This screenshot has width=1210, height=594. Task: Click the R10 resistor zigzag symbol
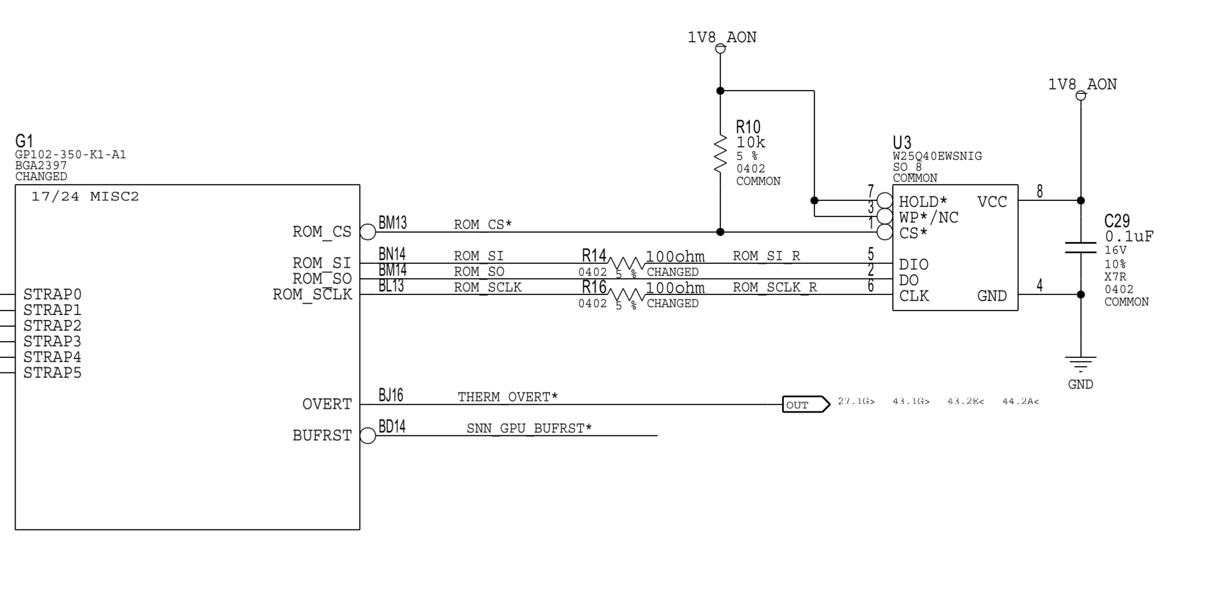pyautogui.click(x=720, y=153)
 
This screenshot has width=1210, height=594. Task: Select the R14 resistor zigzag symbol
pyautogui.click(x=626, y=263)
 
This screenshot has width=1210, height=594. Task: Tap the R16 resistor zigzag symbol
pyautogui.click(x=626, y=294)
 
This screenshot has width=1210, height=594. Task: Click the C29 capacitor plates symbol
pyautogui.click(x=1080, y=248)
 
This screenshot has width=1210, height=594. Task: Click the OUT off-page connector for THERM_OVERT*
pyautogui.click(x=805, y=404)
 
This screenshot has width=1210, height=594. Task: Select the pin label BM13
pyautogui.click(x=392, y=223)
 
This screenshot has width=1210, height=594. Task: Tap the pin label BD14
pyautogui.click(x=392, y=427)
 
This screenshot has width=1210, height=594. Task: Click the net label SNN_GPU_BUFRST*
pyautogui.click(x=529, y=428)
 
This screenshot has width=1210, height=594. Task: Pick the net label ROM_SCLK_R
pyautogui.click(x=774, y=287)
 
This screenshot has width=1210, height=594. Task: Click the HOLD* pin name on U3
pyautogui.click(x=923, y=202)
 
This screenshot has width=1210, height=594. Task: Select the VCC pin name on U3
pyautogui.click(x=992, y=202)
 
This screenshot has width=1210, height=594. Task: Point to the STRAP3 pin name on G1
pyautogui.click(x=52, y=341)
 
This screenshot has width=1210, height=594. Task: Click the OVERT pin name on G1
pyautogui.click(x=327, y=404)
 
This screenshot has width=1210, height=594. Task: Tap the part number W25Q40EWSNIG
pyautogui.click(x=937, y=156)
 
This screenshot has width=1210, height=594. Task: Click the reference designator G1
pyautogui.click(x=24, y=141)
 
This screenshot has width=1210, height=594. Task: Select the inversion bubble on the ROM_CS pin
pyautogui.click(x=368, y=232)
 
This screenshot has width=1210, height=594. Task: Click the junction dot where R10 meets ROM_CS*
pyautogui.click(x=720, y=232)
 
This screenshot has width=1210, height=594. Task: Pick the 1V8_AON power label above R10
pyautogui.click(x=722, y=37)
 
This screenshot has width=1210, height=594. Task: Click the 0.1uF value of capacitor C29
pyautogui.click(x=1129, y=237)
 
